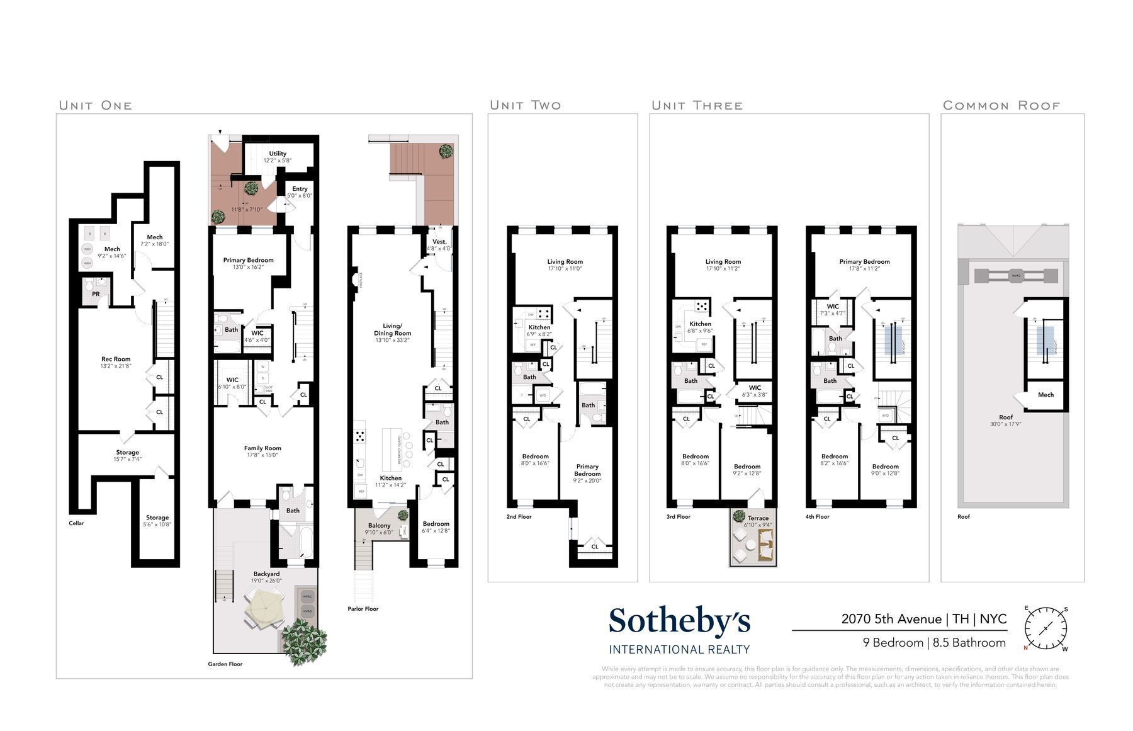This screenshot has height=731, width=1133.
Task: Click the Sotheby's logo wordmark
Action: tap(679, 622)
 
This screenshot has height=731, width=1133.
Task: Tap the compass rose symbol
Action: tap(1046, 629)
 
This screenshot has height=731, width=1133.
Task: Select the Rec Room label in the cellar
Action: tap(116, 360)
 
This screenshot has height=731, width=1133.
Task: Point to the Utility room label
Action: tap(278, 154)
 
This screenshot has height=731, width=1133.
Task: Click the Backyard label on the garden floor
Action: tap(266, 574)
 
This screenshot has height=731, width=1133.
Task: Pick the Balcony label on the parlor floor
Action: tap(379, 526)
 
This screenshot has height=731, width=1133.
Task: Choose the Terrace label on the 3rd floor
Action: tap(758, 518)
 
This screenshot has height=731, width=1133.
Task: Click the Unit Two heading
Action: tap(525, 105)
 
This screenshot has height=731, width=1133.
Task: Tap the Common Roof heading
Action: tap(1001, 105)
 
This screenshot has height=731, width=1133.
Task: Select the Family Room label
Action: tap(262, 448)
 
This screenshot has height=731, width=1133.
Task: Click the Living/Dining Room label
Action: tap(392, 329)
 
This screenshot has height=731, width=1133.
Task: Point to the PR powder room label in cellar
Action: tap(96, 294)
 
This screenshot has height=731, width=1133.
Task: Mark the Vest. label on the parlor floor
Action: tap(439, 242)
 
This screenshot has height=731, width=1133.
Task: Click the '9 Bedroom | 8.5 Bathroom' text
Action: tap(934, 643)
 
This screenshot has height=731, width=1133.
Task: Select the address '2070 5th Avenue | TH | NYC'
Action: tap(923, 619)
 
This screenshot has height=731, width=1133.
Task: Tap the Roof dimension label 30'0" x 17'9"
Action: tap(1005, 424)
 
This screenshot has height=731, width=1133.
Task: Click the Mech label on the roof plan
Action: tap(1046, 395)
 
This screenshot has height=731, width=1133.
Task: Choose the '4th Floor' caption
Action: tap(818, 517)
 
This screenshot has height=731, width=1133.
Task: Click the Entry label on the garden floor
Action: tap(300, 189)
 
